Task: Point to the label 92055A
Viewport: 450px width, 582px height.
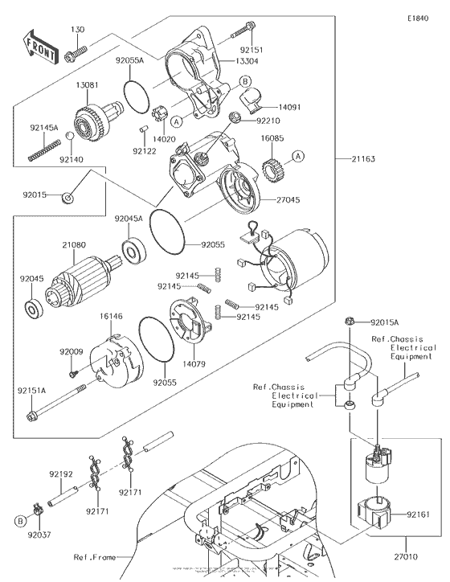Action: [129, 60]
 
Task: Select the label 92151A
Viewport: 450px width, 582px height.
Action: [34, 390]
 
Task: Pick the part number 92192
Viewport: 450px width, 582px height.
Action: [61, 474]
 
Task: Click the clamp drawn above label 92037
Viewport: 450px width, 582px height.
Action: [37, 507]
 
